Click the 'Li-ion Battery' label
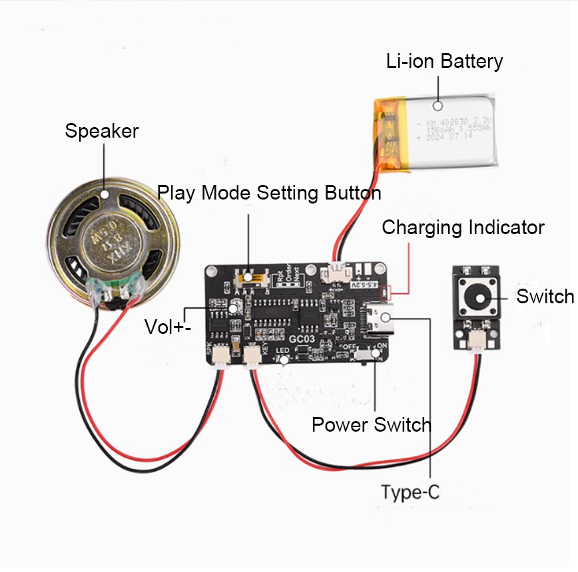click(x=444, y=62)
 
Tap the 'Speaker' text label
click(x=101, y=131)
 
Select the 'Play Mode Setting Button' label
click(x=269, y=194)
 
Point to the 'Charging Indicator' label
click(x=463, y=227)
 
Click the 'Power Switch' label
click(x=371, y=424)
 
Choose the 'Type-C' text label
click(x=410, y=493)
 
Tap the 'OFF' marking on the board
click(x=349, y=347)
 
